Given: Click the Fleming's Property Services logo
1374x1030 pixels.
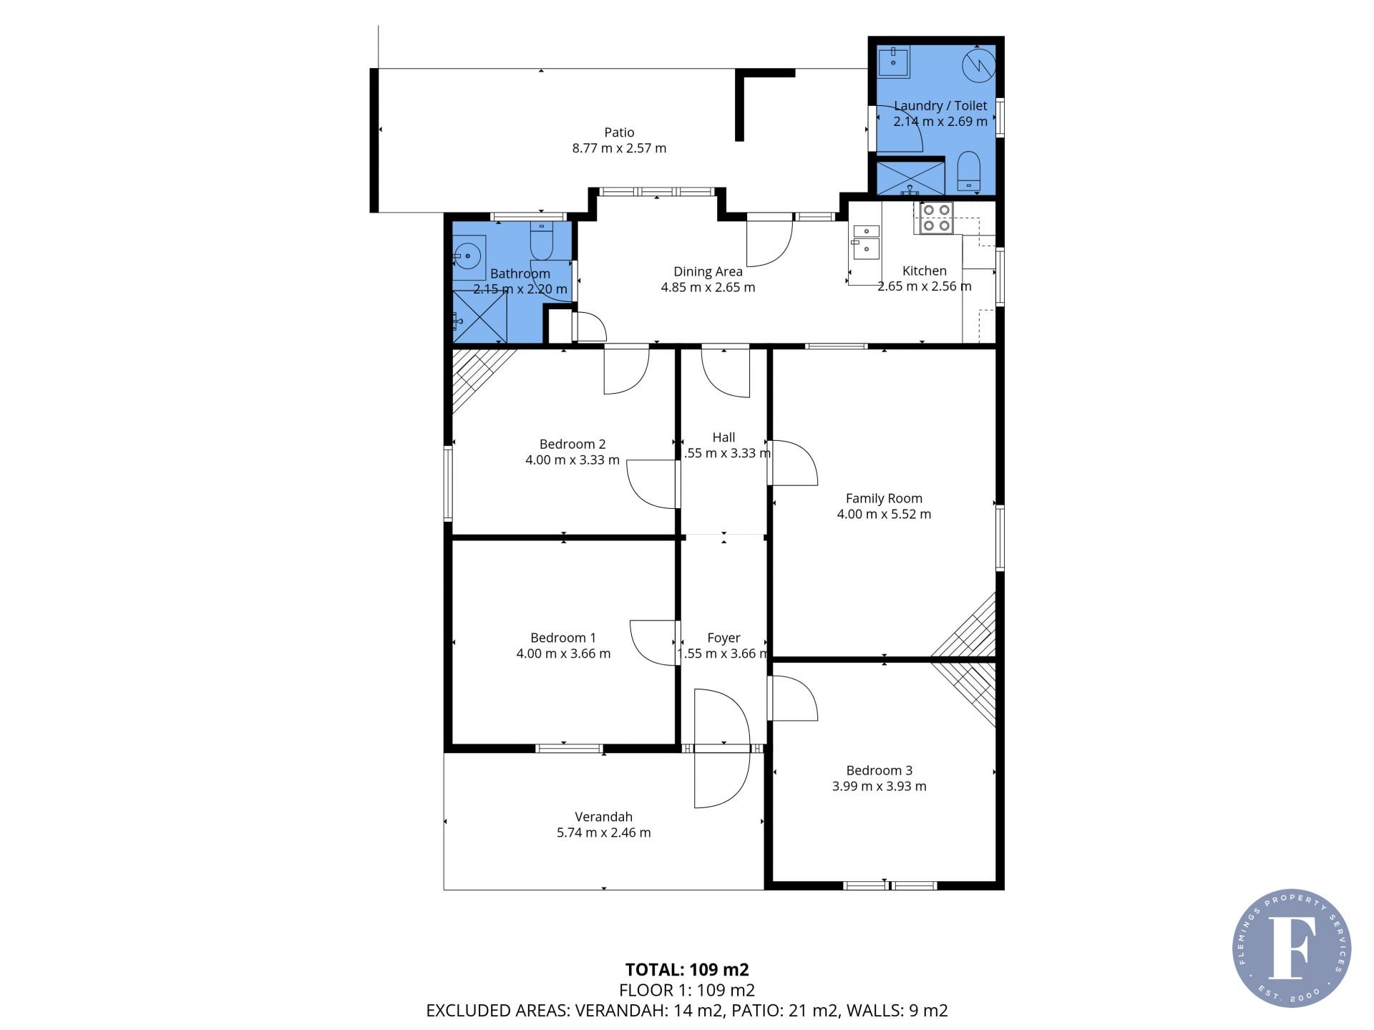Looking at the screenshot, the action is pyautogui.click(x=1292, y=948).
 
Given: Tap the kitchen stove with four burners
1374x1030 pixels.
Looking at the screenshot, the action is pyautogui.click(x=936, y=218).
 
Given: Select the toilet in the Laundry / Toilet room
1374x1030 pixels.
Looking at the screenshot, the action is pyautogui.click(x=968, y=171).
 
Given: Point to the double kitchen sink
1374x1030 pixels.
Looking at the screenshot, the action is pyautogui.click(x=866, y=240).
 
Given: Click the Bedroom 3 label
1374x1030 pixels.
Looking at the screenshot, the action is pyautogui.click(x=879, y=770).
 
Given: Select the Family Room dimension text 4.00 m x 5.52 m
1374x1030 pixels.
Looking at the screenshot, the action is pyautogui.click(x=884, y=514).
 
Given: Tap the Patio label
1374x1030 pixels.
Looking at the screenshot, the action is pyautogui.click(x=619, y=132).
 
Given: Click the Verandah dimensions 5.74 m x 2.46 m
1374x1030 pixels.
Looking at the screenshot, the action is pyautogui.click(x=604, y=832).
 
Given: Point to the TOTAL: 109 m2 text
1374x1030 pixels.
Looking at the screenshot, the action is pyautogui.click(x=687, y=970).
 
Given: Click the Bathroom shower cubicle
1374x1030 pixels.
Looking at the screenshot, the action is pyautogui.click(x=479, y=316).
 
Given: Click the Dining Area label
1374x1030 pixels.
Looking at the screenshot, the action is pyautogui.click(x=708, y=271).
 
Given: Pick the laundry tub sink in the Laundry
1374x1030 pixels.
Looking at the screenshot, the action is pyautogui.click(x=894, y=62).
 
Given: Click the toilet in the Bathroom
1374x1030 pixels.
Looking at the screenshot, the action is pyautogui.click(x=542, y=242).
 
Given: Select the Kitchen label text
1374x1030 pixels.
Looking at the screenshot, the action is pyautogui.click(x=925, y=271).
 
